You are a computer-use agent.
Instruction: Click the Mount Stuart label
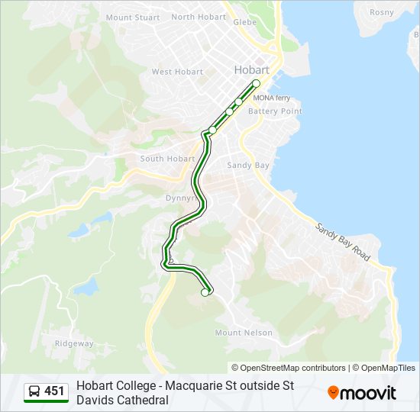pyautogui.click(x=133, y=18)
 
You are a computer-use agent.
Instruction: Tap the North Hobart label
pyautogui.click(x=199, y=17)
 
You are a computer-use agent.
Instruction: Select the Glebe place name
pyautogui.click(x=244, y=23)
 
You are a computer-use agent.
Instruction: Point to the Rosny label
pyautogui.click(x=382, y=12)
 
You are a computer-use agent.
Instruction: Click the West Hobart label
pyautogui.click(x=177, y=72)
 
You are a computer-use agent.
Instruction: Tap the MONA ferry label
pyautogui.click(x=272, y=98)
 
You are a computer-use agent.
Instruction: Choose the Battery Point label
pyautogui.click(x=275, y=111)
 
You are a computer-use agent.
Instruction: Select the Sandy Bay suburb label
pyautogui.click(x=248, y=165)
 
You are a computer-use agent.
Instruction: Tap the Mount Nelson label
pyautogui.click(x=244, y=333)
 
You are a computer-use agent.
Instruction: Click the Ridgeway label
pyautogui.click(x=73, y=343)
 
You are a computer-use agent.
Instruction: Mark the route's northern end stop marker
pyautogui.click(x=257, y=84)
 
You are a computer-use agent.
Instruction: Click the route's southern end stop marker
pyautogui.click(x=205, y=292)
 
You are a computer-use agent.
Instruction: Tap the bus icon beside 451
pyautogui.click(x=34, y=392)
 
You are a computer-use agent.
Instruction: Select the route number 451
pyautogui.click(x=55, y=391)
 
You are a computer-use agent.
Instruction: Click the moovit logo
pyautogui.click(x=362, y=393)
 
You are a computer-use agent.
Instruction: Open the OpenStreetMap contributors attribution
pyautogui.click(x=289, y=368)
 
